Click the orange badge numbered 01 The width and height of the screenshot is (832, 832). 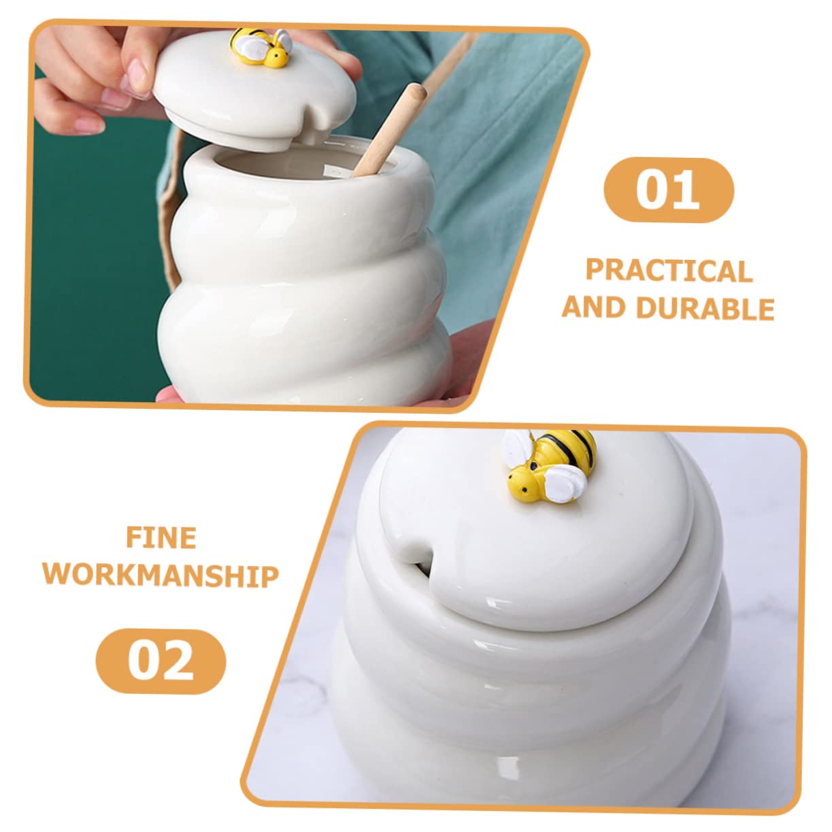click(669, 189)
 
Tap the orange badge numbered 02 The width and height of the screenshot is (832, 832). click(161, 661)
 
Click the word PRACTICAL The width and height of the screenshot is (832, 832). click(669, 271)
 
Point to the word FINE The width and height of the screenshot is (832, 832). click(161, 538)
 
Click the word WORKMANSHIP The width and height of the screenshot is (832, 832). click(161, 576)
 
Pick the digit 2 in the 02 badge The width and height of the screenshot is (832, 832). click(177, 661)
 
